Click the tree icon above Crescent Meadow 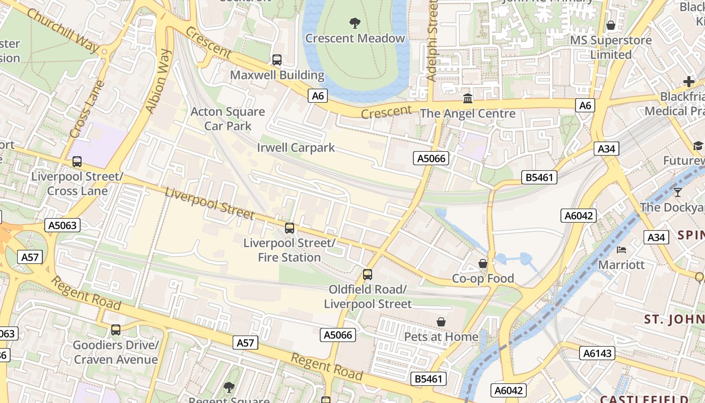click(355, 23)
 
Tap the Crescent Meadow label click(355, 38)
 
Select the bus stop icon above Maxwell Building click(277, 60)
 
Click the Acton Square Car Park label click(228, 118)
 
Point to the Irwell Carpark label click(296, 148)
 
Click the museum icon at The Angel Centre click(468, 98)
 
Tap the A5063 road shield click(63, 225)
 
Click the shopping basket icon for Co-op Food click(483, 263)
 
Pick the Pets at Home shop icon click(441, 322)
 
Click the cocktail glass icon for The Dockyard click(678, 192)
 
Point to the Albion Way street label click(159, 81)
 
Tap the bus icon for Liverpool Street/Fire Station click(290, 228)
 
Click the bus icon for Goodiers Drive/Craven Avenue click(116, 330)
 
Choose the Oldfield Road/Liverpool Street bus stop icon click(368, 275)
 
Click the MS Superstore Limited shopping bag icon click(611, 25)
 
